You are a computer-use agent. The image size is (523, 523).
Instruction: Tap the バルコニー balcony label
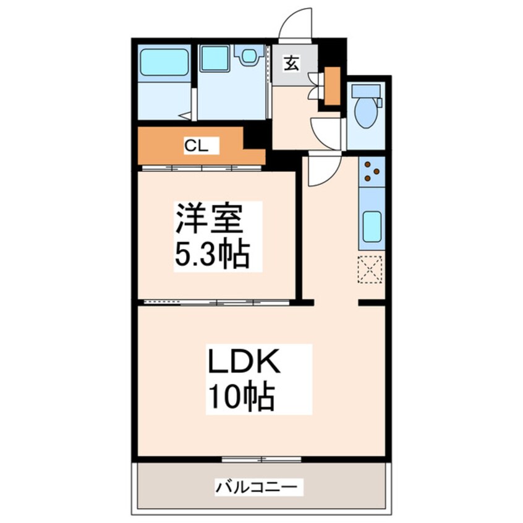[260, 487]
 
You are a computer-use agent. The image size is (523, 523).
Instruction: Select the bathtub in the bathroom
[164, 62]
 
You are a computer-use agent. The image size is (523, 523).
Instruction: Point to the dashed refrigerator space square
[370, 269]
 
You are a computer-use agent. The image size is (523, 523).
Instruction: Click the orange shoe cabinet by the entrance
[332, 86]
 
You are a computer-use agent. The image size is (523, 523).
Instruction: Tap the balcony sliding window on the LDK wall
[261, 459]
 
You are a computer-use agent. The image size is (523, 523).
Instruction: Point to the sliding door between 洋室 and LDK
[216, 302]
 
